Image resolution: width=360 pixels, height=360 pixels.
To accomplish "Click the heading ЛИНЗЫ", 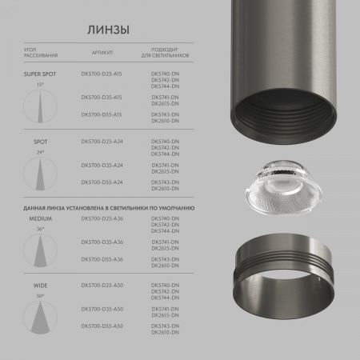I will coord(108,30).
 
